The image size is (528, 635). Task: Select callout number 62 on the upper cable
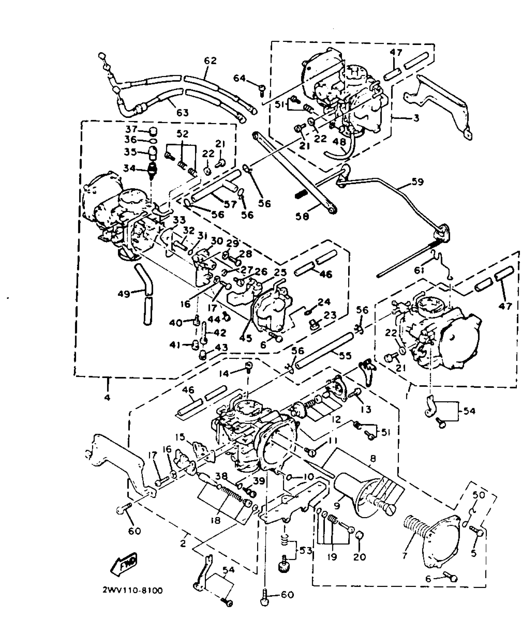[x=210, y=61]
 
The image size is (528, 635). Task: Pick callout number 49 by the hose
[x=124, y=293]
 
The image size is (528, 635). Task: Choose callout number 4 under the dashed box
[x=107, y=397]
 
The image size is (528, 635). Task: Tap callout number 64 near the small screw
[x=239, y=78]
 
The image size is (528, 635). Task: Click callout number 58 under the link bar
[x=302, y=216]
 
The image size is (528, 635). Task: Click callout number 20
[x=360, y=557]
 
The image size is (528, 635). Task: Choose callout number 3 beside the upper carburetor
[x=416, y=118]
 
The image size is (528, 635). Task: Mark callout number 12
[x=336, y=419]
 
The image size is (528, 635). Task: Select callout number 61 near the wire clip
[x=419, y=271]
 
